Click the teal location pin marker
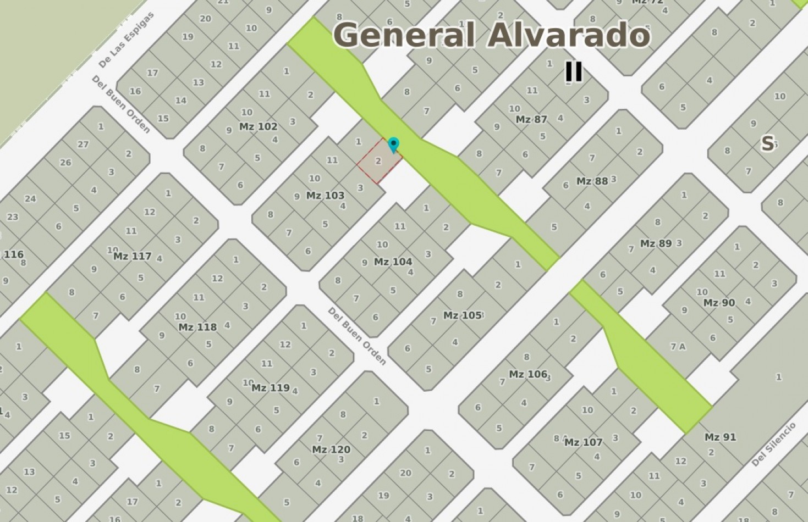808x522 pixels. click(393, 145)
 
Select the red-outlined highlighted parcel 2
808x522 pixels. click(379, 161)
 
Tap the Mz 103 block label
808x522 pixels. click(325, 195)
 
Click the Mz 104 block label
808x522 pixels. click(393, 262)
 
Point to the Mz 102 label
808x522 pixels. click(258, 126)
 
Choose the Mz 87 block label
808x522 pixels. click(531, 119)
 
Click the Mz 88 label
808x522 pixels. click(592, 181)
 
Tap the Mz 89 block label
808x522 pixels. click(656, 243)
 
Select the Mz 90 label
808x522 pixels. click(719, 303)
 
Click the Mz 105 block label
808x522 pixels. click(462, 315)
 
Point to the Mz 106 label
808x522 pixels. click(527, 374)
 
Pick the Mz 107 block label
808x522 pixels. click(583, 442)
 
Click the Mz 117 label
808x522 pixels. click(132, 256)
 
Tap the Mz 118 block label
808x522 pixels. click(197, 327)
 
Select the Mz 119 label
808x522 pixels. click(270, 387)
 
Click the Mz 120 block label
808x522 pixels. click(331, 449)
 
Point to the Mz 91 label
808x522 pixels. click(720, 437)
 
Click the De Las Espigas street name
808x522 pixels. click(127, 40)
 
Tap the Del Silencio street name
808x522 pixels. click(773, 445)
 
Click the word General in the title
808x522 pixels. click(404, 35)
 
